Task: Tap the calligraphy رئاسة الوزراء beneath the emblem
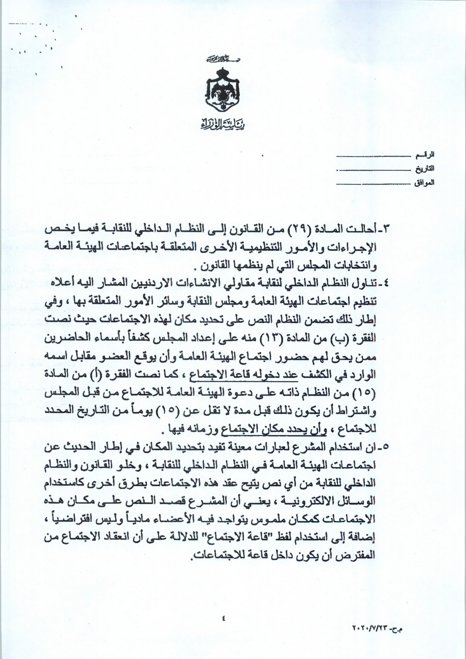(x=221, y=124)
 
